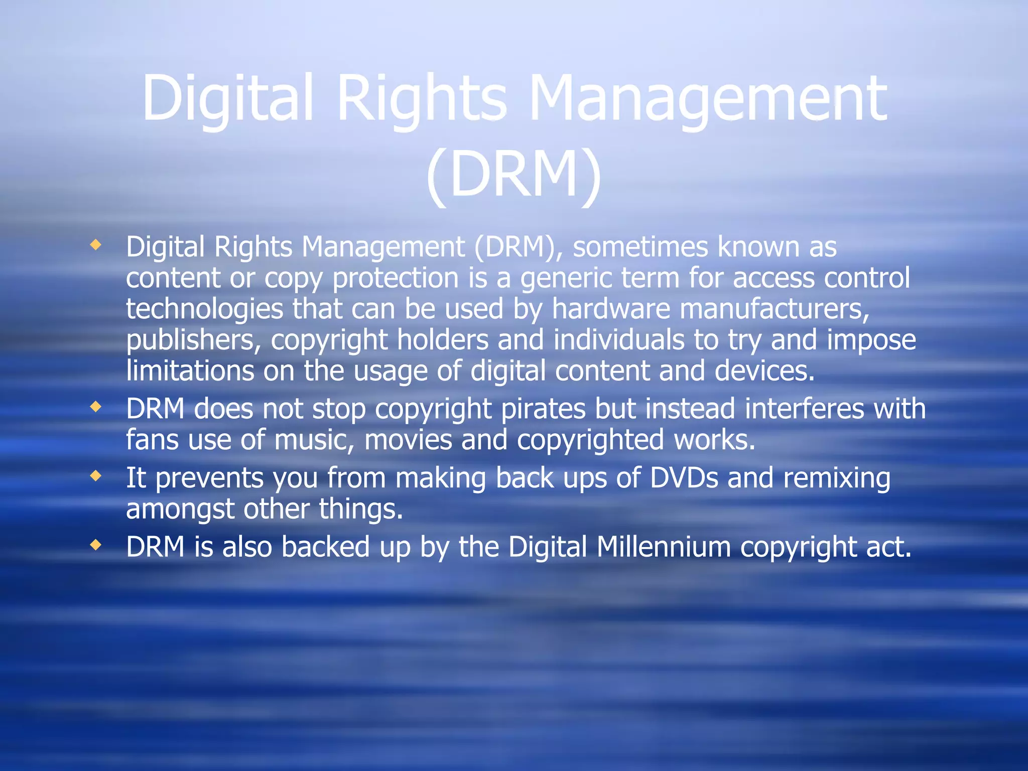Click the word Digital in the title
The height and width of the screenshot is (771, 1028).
pos(228,98)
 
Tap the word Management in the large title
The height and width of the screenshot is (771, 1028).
pos(708,98)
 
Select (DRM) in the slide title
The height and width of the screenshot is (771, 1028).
pos(513,175)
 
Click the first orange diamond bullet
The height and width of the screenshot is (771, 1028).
pos(95,245)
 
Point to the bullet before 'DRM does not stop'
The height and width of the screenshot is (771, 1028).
pos(95,407)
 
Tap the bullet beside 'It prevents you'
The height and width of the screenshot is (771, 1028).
pos(95,476)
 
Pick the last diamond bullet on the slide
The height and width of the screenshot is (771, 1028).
pos(95,545)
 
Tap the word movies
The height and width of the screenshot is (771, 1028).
pos(408,440)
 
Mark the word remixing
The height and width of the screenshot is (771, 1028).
pos(837,477)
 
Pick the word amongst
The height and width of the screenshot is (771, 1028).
pos(180,509)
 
